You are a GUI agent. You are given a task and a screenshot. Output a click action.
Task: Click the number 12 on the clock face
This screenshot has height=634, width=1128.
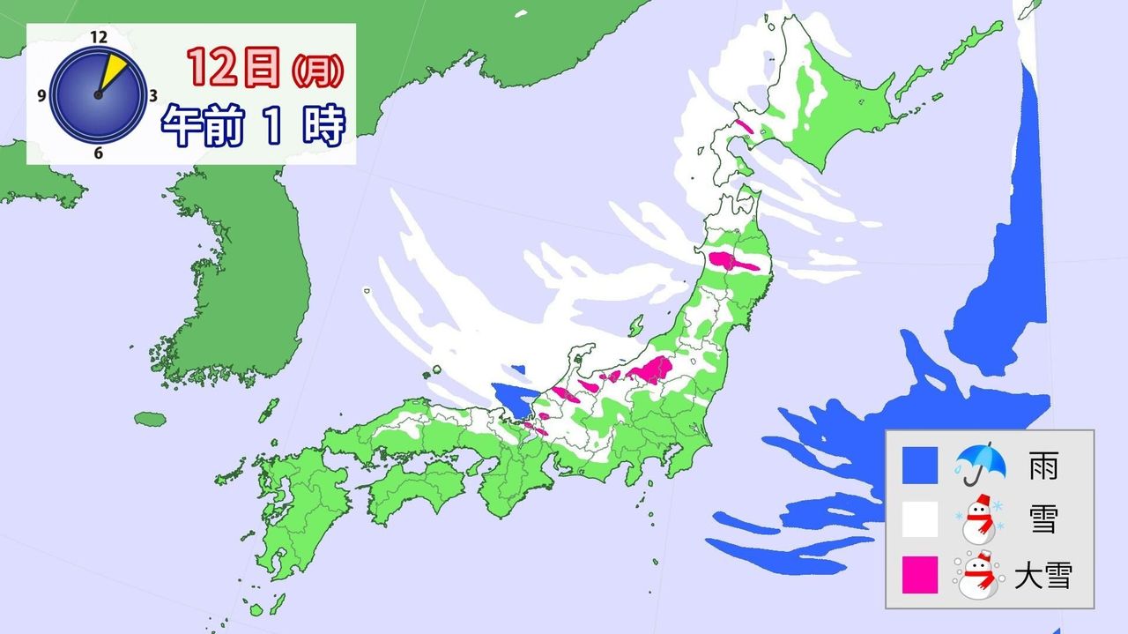click(x=98, y=37)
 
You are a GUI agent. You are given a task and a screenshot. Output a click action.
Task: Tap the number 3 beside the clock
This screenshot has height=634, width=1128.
click(x=153, y=95)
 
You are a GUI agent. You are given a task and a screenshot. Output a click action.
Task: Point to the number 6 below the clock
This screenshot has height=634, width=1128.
click(x=98, y=153)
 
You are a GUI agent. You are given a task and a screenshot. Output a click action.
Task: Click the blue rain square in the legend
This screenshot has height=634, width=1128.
click(x=920, y=464)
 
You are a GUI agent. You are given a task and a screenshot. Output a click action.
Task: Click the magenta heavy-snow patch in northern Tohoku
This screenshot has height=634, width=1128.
click(x=731, y=262)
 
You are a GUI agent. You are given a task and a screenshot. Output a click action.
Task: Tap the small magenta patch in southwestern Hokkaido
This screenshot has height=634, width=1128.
click(x=743, y=126)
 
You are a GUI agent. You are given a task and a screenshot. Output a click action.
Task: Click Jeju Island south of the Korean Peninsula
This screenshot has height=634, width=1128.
click(x=151, y=419)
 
